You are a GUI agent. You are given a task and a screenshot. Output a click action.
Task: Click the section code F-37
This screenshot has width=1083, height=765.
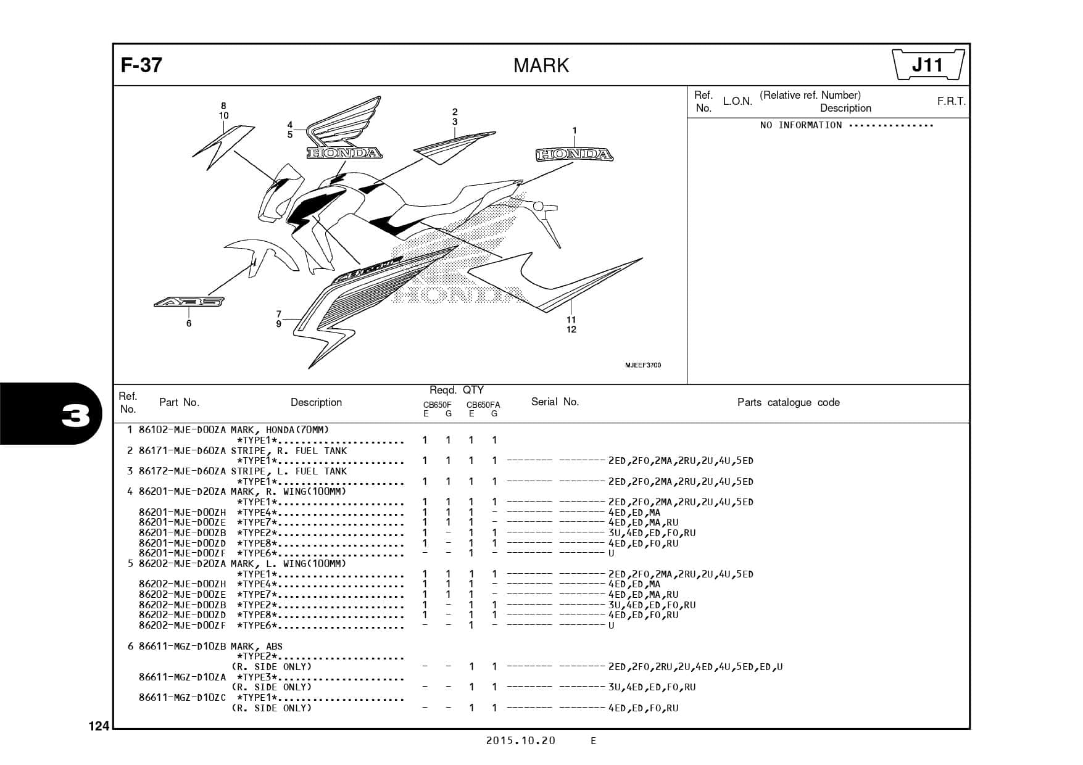[141, 65]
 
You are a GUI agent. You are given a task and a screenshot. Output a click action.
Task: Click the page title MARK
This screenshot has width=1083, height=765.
[541, 65]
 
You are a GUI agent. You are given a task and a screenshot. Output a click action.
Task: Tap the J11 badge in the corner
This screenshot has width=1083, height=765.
[928, 65]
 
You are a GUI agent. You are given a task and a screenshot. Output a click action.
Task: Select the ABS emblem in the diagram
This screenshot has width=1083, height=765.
[189, 302]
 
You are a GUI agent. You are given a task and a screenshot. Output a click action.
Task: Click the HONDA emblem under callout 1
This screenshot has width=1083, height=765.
[574, 155]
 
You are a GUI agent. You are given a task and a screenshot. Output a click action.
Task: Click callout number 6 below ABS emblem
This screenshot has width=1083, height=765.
[189, 323]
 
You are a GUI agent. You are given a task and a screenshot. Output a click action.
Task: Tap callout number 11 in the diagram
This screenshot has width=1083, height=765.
[571, 320]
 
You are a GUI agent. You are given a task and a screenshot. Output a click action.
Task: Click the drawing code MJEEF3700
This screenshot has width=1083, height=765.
[642, 365]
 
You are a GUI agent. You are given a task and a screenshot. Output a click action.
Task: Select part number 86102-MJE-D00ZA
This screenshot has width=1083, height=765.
[182, 430]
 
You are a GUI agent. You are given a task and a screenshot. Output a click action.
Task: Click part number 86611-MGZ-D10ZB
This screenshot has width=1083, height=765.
[182, 647]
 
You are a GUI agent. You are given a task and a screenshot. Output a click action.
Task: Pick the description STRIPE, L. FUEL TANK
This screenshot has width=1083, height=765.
[289, 471]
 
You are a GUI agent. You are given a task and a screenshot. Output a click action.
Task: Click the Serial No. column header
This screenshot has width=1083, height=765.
[555, 402]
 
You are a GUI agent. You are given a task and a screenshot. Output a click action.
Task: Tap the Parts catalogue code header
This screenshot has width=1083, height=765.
[788, 403]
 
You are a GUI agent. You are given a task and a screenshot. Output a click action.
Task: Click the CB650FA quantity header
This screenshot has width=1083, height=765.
[483, 405]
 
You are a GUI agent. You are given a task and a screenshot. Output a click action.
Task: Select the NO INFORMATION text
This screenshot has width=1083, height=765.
[800, 125]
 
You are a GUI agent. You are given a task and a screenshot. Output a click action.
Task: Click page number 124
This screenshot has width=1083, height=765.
[99, 727]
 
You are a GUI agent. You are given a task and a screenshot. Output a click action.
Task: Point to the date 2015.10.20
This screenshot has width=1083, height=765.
[520, 741]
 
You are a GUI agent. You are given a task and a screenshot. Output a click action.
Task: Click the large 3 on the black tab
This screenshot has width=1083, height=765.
[75, 418]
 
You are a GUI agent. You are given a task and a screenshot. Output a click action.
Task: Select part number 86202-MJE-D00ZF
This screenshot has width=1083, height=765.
[182, 626]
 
